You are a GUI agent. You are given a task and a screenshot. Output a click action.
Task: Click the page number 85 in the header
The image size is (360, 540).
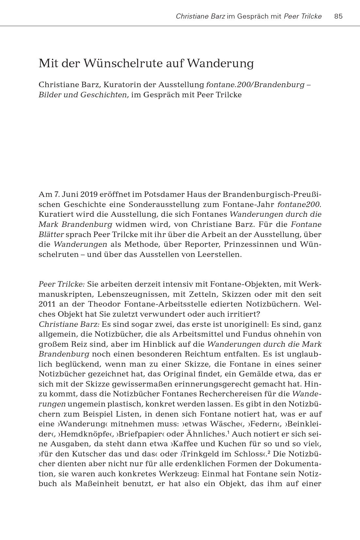pyautogui.click(x=338, y=16)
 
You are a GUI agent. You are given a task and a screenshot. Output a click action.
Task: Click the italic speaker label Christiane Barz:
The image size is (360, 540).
pyautogui.click(x=69, y=324)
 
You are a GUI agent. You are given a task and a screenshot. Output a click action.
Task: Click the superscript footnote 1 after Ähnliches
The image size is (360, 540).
pyautogui.click(x=228, y=432)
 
